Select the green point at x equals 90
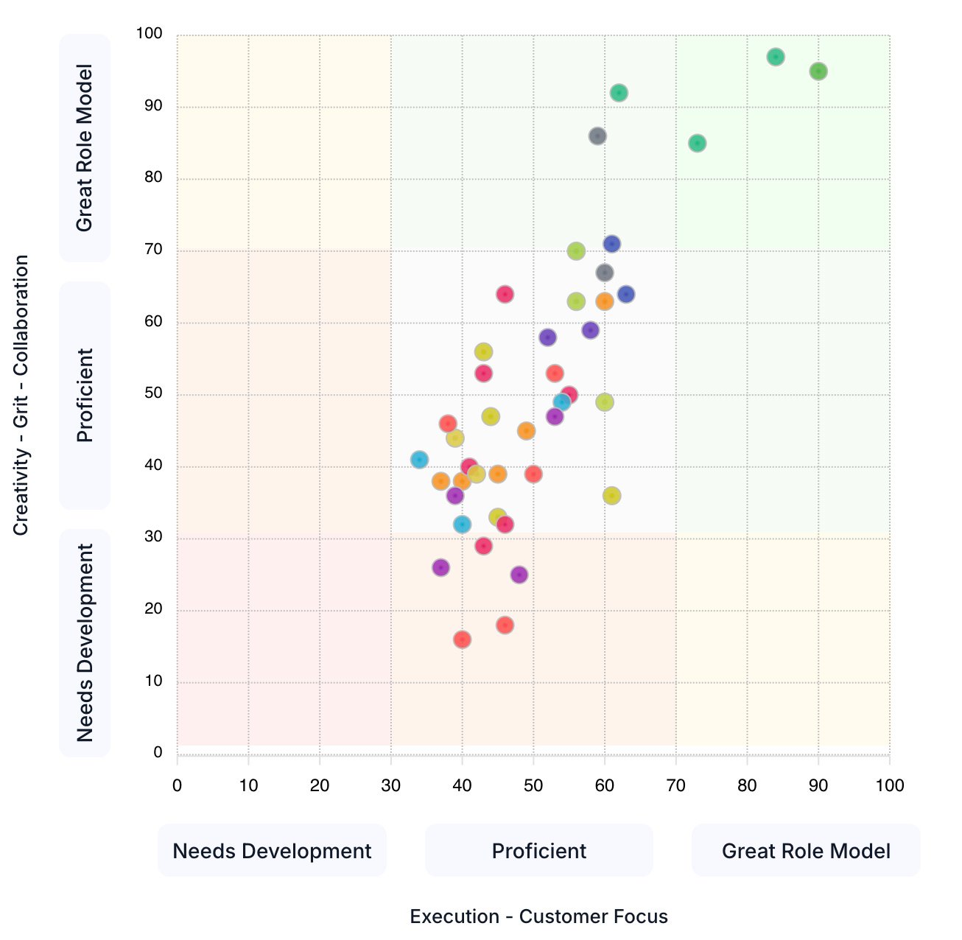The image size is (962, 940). (x=818, y=71)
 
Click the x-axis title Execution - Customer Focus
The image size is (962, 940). (x=538, y=916)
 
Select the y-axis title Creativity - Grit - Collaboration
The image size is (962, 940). (x=21, y=395)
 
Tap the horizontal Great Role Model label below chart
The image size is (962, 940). (x=806, y=851)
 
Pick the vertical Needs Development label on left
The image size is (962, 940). (x=85, y=642)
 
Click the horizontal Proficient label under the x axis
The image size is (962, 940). (x=538, y=851)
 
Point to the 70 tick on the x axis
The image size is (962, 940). (x=675, y=785)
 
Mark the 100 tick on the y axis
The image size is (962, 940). (x=149, y=34)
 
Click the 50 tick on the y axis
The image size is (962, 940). (x=153, y=393)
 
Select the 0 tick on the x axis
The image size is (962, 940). (x=177, y=785)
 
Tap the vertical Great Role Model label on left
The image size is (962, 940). (x=85, y=148)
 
